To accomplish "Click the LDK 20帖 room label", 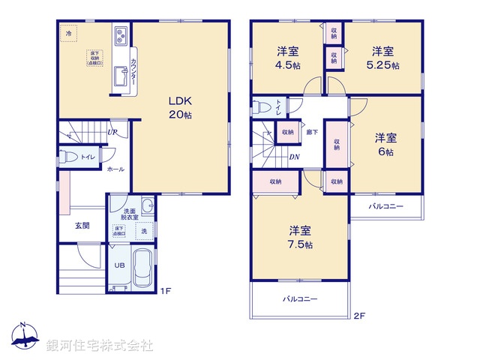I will pyautogui.click(x=179, y=107).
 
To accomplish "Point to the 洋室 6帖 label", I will pyautogui.click(x=385, y=144).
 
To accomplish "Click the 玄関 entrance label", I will pyautogui.click(x=82, y=225).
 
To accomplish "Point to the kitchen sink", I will pyautogui.click(x=121, y=76).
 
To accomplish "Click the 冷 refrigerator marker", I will pyautogui.click(x=68, y=34).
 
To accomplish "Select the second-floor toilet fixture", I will pyautogui.click(x=262, y=106).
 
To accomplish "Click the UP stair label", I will pyautogui.click(x=112, y=133).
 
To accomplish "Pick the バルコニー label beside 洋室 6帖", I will pyautogui.click(x=385, y=205).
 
